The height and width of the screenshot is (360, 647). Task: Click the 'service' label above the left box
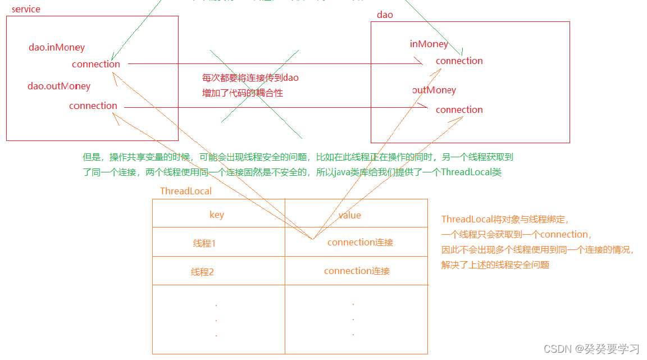click(26, 10)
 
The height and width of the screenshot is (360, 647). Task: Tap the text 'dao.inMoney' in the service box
click(57, 48)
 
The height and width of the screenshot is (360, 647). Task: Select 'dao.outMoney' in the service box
click(59, 86)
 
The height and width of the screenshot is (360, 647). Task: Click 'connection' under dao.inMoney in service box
click(96, 65)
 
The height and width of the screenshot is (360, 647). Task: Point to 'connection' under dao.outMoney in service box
click(93, 106)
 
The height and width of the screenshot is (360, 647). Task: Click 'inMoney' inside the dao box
click(429, 44)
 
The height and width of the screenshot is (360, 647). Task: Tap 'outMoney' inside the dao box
click(434, 90)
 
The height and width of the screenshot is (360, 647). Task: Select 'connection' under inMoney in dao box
click(459, 61)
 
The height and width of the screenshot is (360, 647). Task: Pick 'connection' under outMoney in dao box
click(459, 110)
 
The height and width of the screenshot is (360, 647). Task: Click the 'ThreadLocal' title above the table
click(186, 192)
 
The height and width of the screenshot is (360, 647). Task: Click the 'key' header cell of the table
click(217, 215)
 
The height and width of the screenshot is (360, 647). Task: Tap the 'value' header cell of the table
click(349, 215)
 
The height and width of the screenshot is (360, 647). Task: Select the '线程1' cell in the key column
click(204, 244)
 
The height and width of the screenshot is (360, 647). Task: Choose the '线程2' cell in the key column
click(203, 272)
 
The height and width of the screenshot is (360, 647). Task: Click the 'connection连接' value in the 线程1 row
click(360, 243)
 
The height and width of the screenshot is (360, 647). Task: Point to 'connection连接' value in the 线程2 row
click(357, 271)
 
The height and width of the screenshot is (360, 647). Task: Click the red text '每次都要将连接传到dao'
click(250, 78)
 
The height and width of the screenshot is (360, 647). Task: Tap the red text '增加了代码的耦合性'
click(243, 93)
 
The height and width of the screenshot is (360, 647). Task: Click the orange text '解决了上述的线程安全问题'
click(495, 265)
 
